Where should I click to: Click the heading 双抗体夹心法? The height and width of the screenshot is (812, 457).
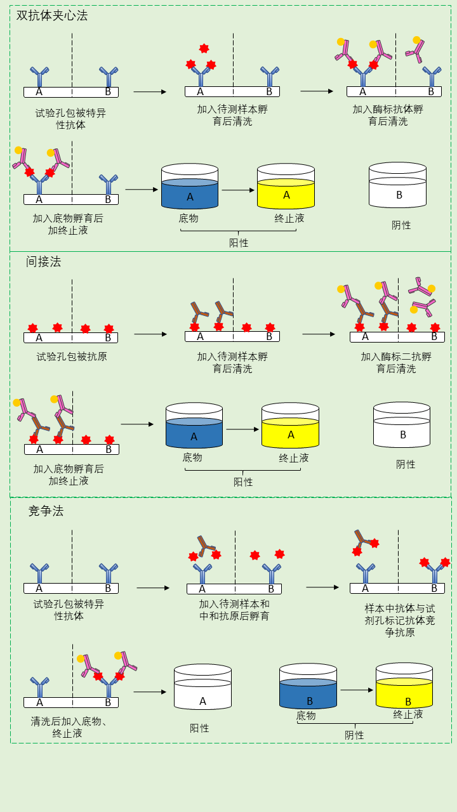(x=52, y=16)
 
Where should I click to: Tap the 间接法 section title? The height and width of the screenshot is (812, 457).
(x=43, y=261)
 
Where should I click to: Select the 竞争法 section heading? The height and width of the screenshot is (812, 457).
(x=46, y=511)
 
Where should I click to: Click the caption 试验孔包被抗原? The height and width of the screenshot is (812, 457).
(x=72, y=357)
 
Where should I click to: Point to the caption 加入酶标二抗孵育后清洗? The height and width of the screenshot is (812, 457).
(x=396, y=362)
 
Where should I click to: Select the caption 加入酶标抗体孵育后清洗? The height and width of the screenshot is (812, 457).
(x=388, y=115)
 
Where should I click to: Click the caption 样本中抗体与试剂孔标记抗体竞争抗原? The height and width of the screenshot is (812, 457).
(x=400, y=620)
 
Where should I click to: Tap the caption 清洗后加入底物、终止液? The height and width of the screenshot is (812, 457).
(x=69, y=727)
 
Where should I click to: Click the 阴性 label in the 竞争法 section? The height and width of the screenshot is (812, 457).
(x=354, y=735)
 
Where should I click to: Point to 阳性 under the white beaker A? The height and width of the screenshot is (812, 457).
(x=199, y=728)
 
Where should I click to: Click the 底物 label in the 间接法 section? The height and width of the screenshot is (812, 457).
(x=192, y=457)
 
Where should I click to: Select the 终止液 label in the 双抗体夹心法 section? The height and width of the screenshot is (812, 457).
(x=289, y=218)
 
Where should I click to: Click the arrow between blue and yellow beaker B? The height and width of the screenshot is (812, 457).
(x=357, y=690)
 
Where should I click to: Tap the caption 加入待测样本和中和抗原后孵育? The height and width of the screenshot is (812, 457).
(x=234, y=610)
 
